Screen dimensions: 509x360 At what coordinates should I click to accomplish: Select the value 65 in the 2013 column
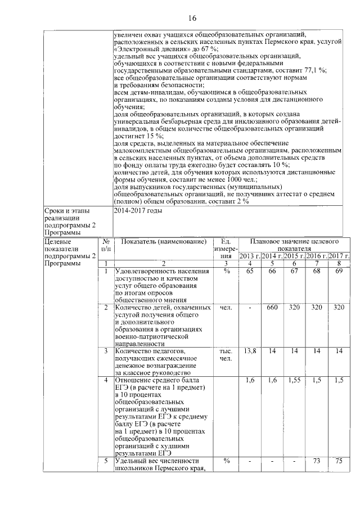pos(249,272)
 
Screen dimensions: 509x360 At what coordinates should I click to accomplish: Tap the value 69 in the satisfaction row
pos(339,272)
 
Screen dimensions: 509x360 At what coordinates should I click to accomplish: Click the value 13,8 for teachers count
pos(249,350)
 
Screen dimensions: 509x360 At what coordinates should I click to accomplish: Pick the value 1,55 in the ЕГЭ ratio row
pos(294,381)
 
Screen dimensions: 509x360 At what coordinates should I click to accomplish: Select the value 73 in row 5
pos(316,461)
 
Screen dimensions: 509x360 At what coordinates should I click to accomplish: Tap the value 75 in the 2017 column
pos(339,461)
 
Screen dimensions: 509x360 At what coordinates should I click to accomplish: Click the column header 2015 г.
pos(294,256)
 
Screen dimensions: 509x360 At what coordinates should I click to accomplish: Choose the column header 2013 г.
pos(250,256)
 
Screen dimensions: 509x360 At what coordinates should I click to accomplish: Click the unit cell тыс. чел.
pos(226,354)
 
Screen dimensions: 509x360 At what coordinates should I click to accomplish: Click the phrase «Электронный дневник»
pos(145,49)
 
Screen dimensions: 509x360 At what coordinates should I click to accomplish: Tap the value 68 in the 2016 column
pos(316,272)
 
